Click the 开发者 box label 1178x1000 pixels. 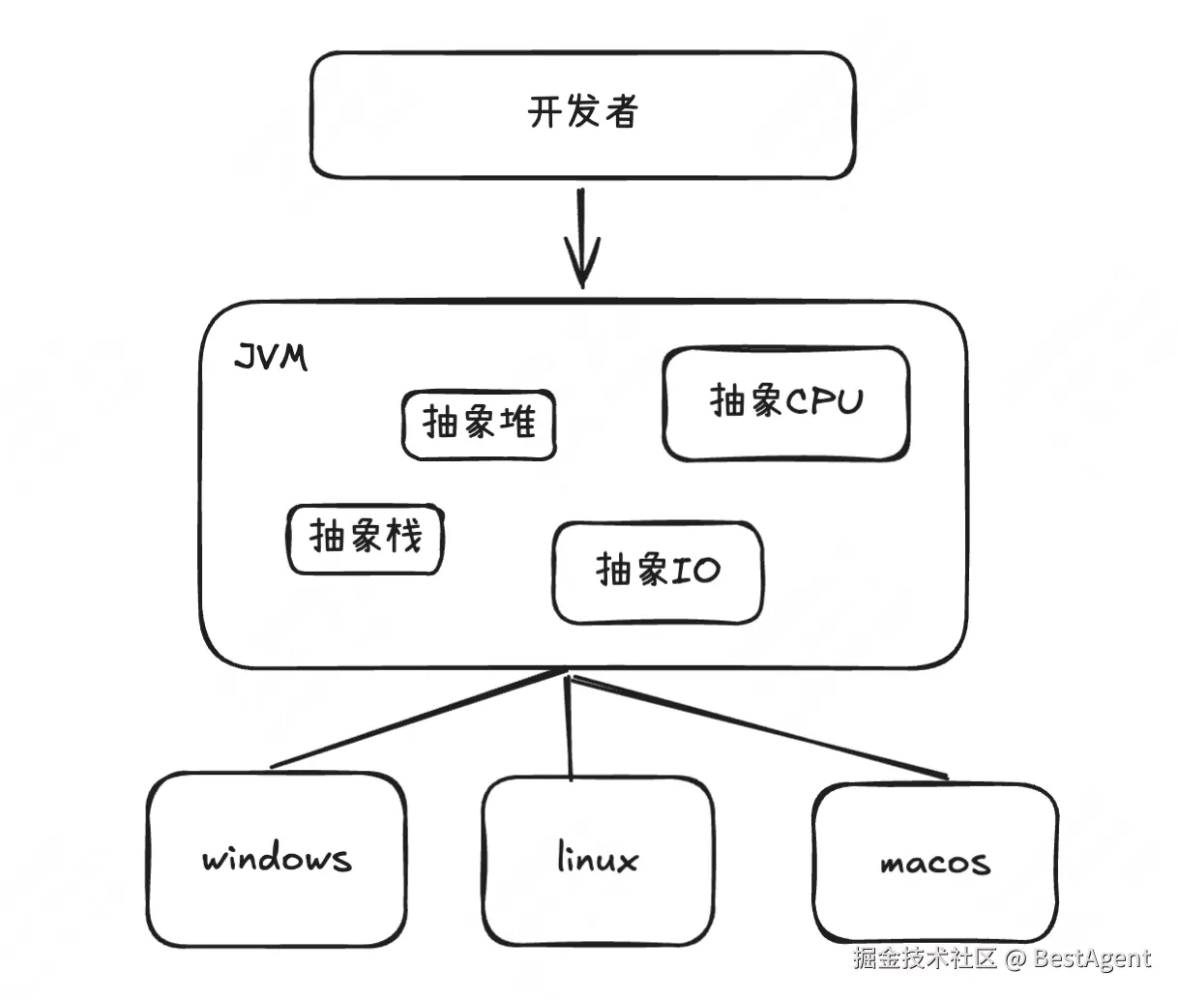click(x=582, y=111)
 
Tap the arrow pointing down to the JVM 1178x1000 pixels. click(x=582, y=239)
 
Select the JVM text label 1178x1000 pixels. click(x=271, y=357)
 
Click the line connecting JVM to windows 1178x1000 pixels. click(x=419, y=720)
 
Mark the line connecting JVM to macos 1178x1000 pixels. click(x=760, y=727)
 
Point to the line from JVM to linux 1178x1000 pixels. click(x=569, y=727)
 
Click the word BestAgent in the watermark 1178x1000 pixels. click(x=1092, y=957)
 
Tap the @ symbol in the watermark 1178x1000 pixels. click(x=1015, y=958)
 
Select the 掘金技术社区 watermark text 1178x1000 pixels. click(x=925, y=957)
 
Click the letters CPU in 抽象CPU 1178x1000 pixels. click(x=824, y=401)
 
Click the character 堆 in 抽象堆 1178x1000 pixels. click(x=518, y=422)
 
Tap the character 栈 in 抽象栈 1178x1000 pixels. click(x=404, y=535)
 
